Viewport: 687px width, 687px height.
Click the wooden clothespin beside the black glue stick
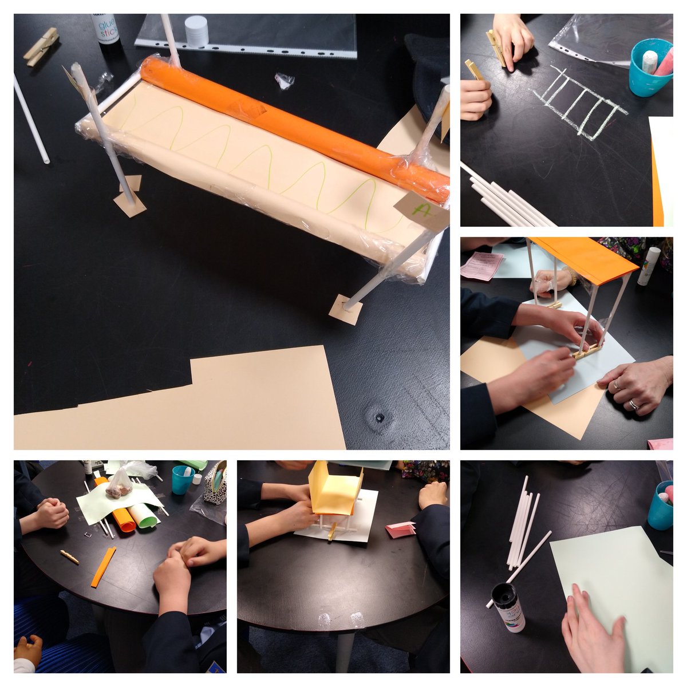tap(41, 46)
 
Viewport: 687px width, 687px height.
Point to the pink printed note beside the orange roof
tap(481, 266)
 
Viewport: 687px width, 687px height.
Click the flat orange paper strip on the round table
tap(103, 567)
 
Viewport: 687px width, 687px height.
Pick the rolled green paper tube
tap(143, 515)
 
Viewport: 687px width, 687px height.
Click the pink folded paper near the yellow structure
tap(400, 530)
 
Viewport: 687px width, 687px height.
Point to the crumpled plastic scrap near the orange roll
tap(284, 80)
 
